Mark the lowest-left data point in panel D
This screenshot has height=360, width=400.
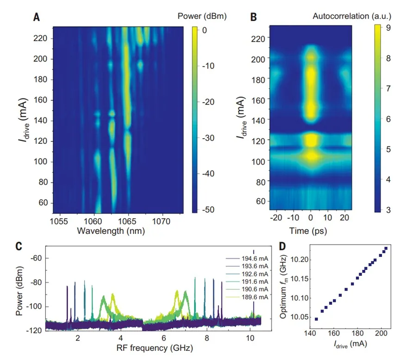(x=316, y=319)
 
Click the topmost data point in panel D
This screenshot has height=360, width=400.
(x=386, y=249)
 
